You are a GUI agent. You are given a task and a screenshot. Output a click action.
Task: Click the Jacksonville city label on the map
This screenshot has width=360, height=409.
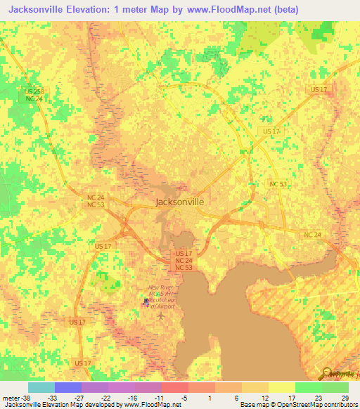tap(179, 201)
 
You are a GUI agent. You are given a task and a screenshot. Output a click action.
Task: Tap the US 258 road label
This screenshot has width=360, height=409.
tap(33, 91)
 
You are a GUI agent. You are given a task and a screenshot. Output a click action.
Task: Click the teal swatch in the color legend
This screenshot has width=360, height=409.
tap(41, 387)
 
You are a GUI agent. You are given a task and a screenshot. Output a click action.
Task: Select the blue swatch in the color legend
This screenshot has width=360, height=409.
tap(67, 387)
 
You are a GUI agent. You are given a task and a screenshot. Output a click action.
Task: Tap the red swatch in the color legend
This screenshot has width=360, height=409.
tap(174, 387)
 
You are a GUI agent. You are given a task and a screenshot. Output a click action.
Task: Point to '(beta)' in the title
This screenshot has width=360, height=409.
tap(281, 10)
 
